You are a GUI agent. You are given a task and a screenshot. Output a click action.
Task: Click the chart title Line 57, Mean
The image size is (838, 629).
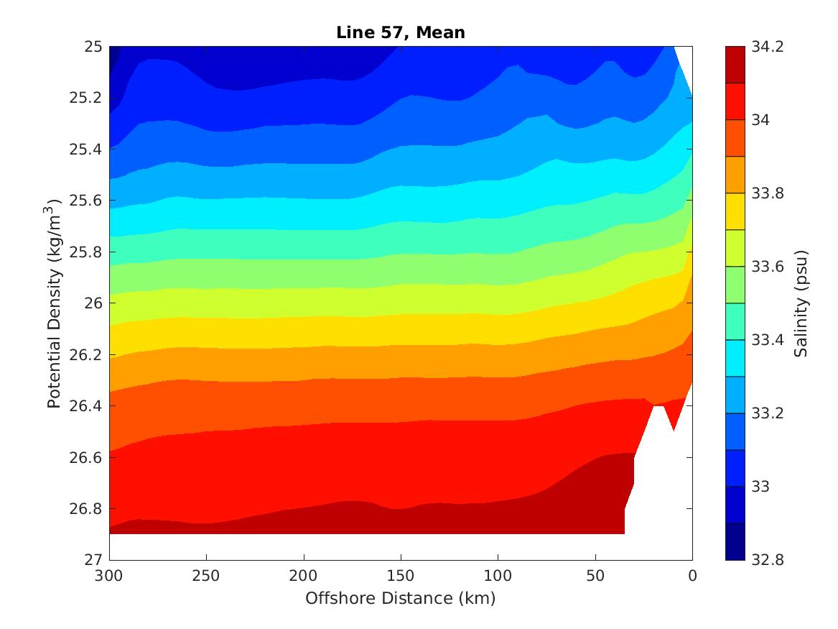(401, 32)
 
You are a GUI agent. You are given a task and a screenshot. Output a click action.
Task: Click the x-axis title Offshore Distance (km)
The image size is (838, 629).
(401, 598)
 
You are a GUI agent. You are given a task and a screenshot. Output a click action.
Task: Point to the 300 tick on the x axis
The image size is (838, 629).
(109, 577)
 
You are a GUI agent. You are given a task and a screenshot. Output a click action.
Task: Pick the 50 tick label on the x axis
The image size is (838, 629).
(595, 577)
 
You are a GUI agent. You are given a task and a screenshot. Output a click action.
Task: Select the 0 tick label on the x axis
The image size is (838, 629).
(692, 577)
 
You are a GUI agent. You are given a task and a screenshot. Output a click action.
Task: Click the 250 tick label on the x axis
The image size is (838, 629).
(206, 577)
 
